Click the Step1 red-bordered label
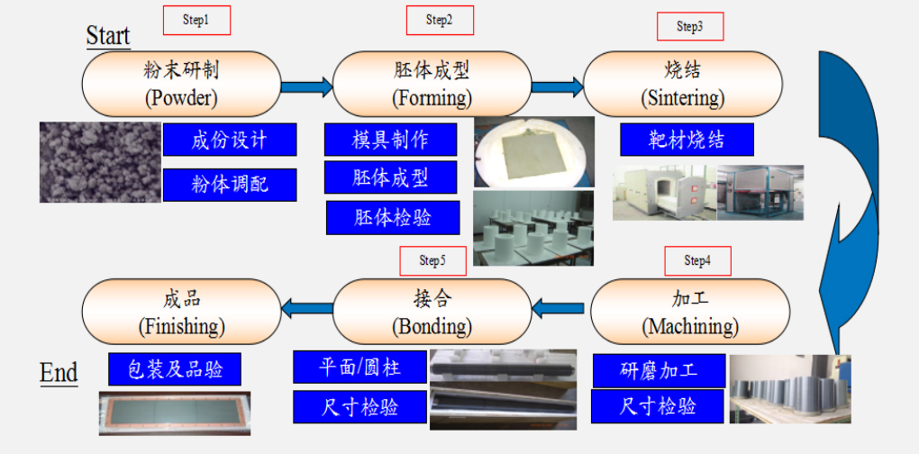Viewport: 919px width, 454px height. (196, 20)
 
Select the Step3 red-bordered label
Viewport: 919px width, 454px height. (690, 26)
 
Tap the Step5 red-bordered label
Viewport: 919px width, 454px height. (432, 260)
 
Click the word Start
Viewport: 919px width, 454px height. (108, 36)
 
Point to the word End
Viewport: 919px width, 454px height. (59, 373)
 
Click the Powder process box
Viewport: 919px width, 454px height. (181, 83)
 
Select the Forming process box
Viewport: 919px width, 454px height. (432, 83)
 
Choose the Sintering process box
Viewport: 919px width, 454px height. (682, 83)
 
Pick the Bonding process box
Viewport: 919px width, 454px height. (432, 312)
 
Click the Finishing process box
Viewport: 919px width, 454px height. (181, 312)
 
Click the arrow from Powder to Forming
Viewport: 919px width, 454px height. (306, 86)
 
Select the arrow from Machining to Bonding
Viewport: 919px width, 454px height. (558, 309)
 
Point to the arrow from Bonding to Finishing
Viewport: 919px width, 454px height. (306, 309)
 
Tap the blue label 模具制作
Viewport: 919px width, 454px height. (390, 140)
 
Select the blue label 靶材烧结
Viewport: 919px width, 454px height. (687, 140)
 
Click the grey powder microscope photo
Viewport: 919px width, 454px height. (100, 162)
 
